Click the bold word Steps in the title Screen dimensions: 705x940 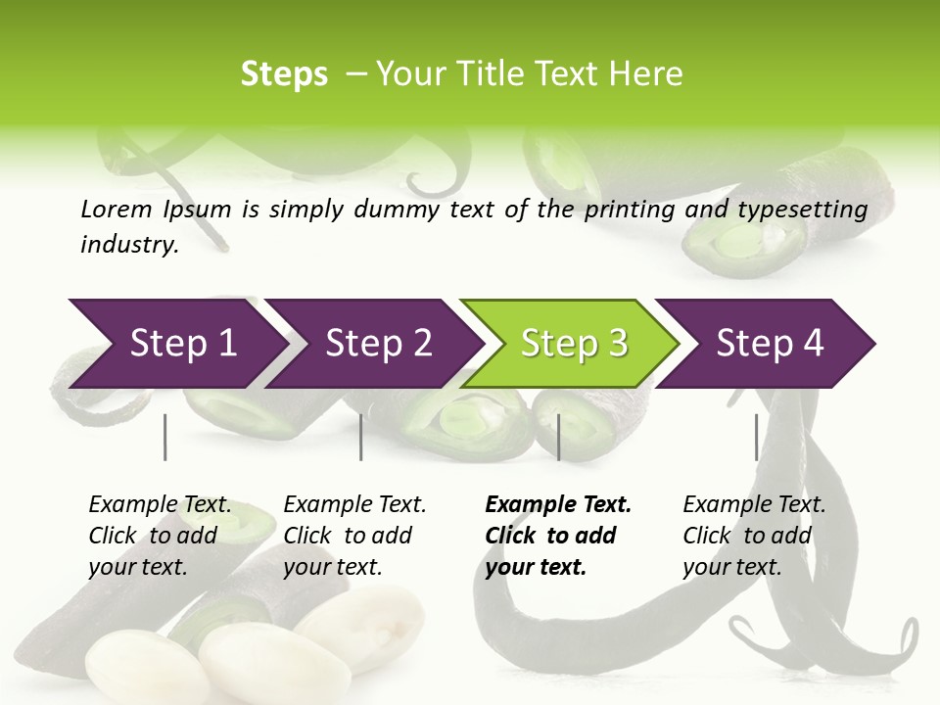284,74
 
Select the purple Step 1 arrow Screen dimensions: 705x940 183,344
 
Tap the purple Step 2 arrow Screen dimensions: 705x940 379,344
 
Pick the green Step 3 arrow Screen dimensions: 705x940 574,344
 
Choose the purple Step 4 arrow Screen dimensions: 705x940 770,344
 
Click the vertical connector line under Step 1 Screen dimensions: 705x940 165,437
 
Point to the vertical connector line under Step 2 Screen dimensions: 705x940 361,437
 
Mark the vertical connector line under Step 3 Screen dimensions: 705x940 559,437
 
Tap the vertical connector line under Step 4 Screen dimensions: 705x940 757,437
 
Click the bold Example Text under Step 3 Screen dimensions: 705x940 558,536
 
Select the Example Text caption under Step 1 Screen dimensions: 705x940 160,536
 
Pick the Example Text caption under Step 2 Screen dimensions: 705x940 354,536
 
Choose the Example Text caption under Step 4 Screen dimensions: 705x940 754,536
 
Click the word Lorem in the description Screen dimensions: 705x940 117,209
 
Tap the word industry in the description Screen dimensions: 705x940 129,245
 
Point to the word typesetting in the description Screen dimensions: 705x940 802,210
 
